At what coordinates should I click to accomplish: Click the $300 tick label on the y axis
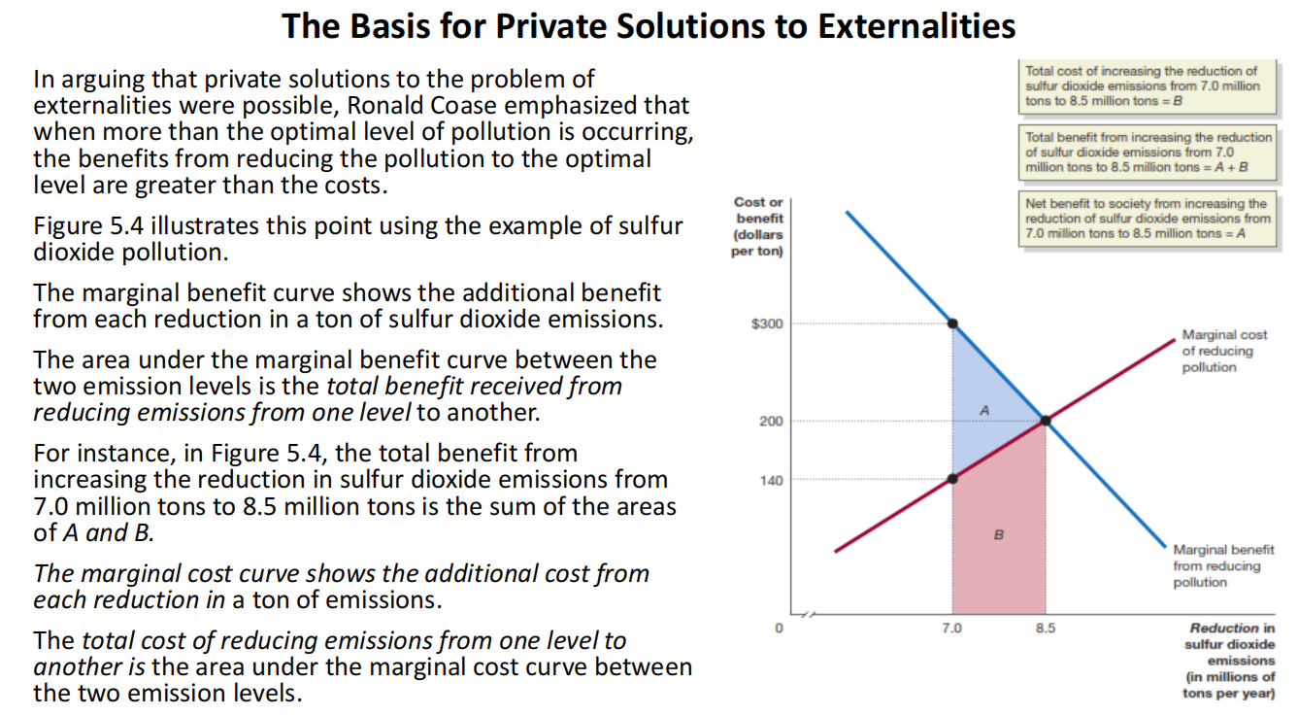pyautogui.click(x=767, y=323)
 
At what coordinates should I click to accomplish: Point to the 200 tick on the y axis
pyautogui.click(x=770, y=421)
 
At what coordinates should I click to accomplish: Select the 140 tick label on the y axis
pyautogui.click(x=770, y=480)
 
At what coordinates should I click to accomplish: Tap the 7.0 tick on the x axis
pyautogui.click(x=951, y=629)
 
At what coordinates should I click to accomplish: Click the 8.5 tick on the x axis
pyautogui.click(x=1045, y=629)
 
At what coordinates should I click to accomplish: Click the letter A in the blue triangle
pyautogui.click(x=983, y=411)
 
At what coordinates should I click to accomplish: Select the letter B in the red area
pyautogui.click(x=997, y=533)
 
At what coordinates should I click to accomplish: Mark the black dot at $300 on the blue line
pyautogui.click(x=952, y=323)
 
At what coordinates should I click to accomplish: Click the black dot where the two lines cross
pyautogui.click(x=1046, y=421)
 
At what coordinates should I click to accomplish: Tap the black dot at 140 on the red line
pyautogui.click(x=952, y=478)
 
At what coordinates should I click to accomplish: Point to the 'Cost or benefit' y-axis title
pyautogui.click(x=757, y=226)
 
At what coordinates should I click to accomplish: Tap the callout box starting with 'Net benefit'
pyautogui.click(x=1146, y=219)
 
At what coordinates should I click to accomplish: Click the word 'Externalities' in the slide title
pyautogui.click(x=916, y=26)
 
